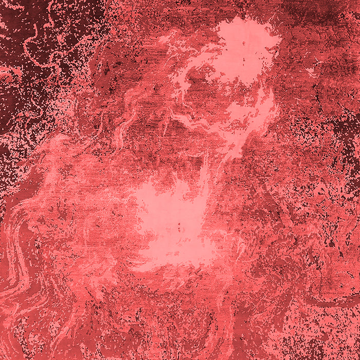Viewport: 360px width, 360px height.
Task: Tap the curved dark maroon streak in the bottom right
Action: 329,303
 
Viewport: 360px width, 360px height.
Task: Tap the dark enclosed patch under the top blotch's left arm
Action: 198,77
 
